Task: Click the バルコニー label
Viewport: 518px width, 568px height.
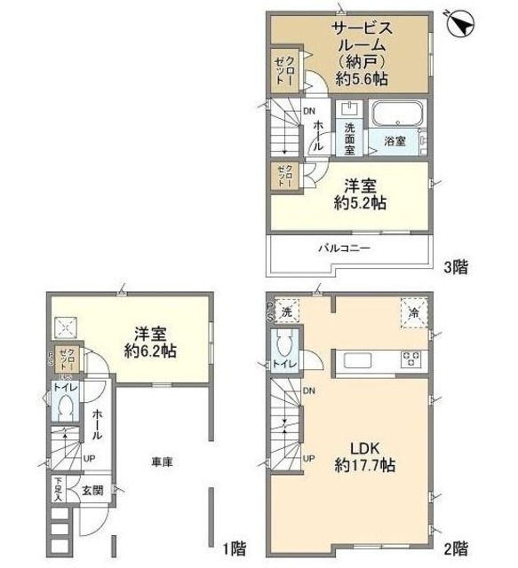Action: [345, 248]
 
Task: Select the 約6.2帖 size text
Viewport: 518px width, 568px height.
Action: [150, 352]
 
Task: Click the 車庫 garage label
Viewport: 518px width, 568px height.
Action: [160, 461]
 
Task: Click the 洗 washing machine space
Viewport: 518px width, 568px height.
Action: [287, 312]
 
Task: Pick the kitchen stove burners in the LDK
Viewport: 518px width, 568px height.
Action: [412, 360]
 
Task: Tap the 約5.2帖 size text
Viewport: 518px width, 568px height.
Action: [361, 203]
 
